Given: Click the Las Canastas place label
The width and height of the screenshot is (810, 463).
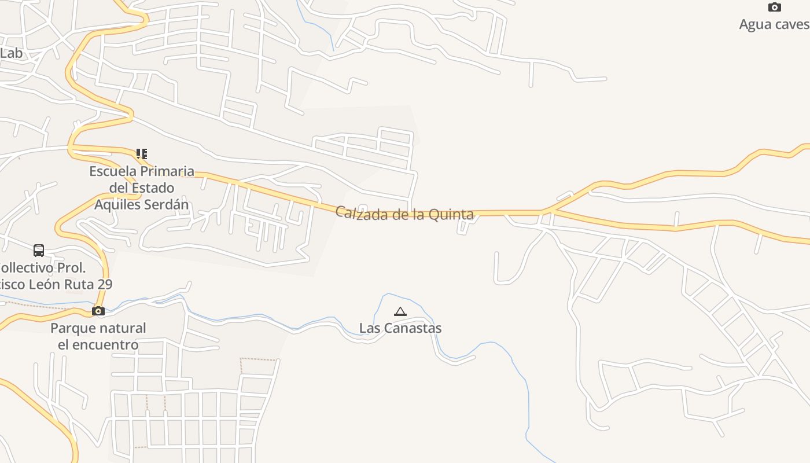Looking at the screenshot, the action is pyautogui.click(x=400, y=328).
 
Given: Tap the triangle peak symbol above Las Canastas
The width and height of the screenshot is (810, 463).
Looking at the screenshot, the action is pyautogui.click(x=400, y=312).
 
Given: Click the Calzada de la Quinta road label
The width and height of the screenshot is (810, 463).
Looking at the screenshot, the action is pyautogui.click(x=404, y=214).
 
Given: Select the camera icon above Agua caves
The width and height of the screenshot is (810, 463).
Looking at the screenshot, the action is pyautogui.click(x=774, y=8).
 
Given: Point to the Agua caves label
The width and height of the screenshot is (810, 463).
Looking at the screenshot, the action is pyautogui.click(x=774, y=24).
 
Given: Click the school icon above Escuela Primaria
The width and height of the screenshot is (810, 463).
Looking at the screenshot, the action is pyautogui.click(x=141, y=154).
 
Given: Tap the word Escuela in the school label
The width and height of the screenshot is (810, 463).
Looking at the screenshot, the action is pyautogui.click(x=113, y=171).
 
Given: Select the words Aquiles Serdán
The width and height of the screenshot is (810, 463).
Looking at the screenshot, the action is pyautogui.click(x=142, y=205).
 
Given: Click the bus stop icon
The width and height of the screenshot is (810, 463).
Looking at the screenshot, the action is pyautogui.click(x=39, y=251).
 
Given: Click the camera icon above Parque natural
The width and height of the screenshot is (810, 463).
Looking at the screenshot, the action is pyautogui.click(x=98, y=311).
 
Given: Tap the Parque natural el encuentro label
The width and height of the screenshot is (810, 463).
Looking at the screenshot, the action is pyautogui.click(x=98, y=336).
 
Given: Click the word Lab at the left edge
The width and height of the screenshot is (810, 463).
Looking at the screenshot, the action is pyautogui.click(x=11, y=53).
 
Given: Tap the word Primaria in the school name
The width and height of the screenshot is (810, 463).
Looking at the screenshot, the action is pyautogui.click(x=167, y=171).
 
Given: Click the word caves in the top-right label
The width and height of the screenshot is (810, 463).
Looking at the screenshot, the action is pyautogui.click(x=792, y=24).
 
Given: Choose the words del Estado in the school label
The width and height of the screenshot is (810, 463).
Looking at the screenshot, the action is pyautogui.click(x=142, y=188).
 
